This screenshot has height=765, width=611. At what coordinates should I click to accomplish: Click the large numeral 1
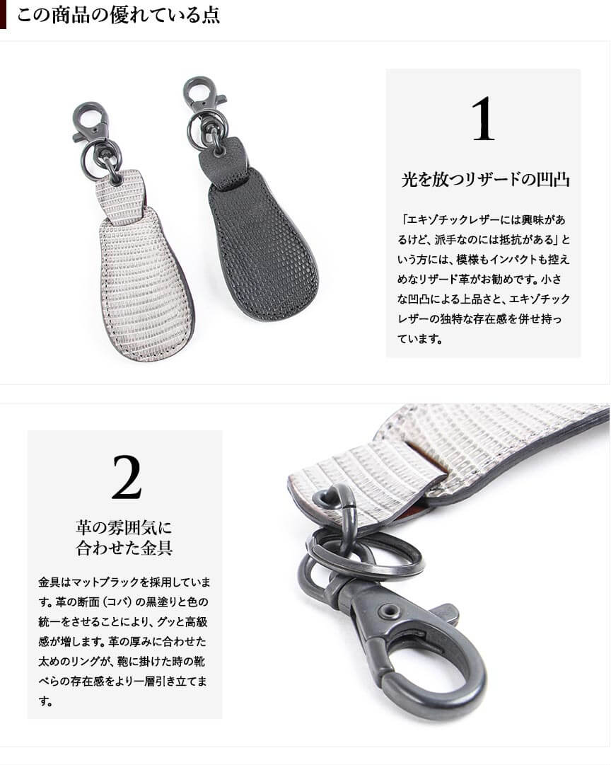pos(483,119)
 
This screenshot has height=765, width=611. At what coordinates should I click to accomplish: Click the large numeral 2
pos(127,477)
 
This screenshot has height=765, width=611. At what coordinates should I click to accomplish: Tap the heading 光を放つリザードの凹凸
pos(485,180)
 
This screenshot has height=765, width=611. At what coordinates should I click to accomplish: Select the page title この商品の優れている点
pos(118,15)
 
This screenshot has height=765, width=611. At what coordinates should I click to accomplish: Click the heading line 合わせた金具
pos(124,548)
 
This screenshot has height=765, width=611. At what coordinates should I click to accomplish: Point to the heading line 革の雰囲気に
pos(124,527)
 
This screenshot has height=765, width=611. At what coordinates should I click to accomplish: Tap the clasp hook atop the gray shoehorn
pos(92,122)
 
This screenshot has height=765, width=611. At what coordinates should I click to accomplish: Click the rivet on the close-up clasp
pos(390,611)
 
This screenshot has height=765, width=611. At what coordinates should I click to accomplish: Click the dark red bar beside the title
pos(3,15)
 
